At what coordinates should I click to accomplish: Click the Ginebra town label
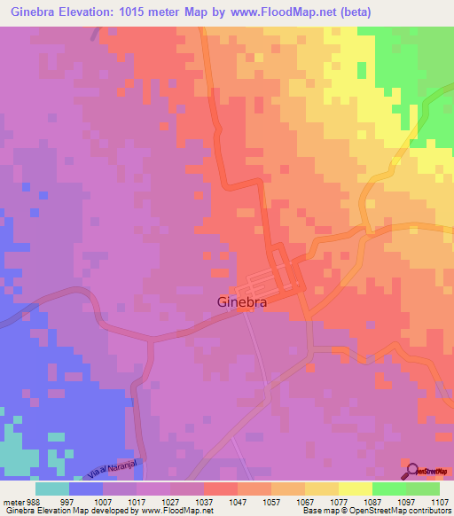[x=251, y=301]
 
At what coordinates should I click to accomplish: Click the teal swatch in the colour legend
[x=52, y=488]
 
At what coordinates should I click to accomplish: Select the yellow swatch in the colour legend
[x=355, y=488]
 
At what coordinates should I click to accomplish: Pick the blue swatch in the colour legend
[x=86, y=488]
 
